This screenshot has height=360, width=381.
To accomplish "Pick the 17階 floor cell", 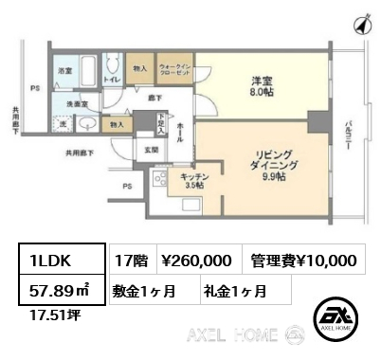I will click(x=128, y=260).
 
